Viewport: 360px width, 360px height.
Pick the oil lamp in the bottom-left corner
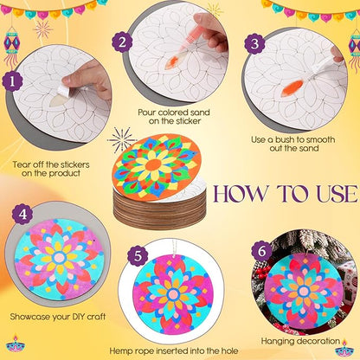click(15, 345)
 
